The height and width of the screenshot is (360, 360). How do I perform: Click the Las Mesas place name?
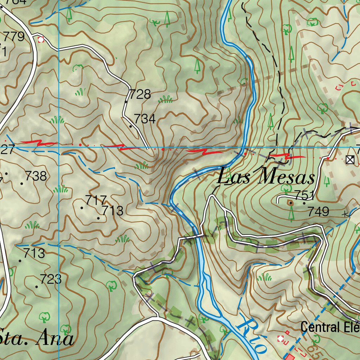tap(265, 177)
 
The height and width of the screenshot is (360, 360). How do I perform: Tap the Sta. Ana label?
tap(37, 339)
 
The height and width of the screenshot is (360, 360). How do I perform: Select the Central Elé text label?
tap(330, 327)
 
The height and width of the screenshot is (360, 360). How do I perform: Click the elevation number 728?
tap(140, 95)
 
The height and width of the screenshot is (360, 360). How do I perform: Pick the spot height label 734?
tap(144, 119)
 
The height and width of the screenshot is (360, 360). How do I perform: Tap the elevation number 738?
tap(36, 176)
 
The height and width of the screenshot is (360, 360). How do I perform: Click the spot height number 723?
tap(51, 280)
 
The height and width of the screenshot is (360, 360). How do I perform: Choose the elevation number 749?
tap(319, 212)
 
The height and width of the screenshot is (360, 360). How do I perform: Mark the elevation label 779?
tap(14, 37)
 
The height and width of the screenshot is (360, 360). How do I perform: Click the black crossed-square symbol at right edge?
tap(350, 160)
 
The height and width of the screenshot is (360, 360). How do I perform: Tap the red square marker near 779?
tap(41, 40)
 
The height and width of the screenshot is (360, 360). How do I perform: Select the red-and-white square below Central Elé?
tap(281, 339)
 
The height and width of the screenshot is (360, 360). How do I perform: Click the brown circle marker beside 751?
tap(290, 202)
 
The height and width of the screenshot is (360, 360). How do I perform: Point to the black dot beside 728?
tap(126, 102)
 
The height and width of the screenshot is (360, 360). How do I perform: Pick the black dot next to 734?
tap(131, 126)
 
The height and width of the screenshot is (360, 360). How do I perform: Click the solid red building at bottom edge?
tap(290, 358)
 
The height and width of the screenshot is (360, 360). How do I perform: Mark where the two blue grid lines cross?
tap(59, 147)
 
